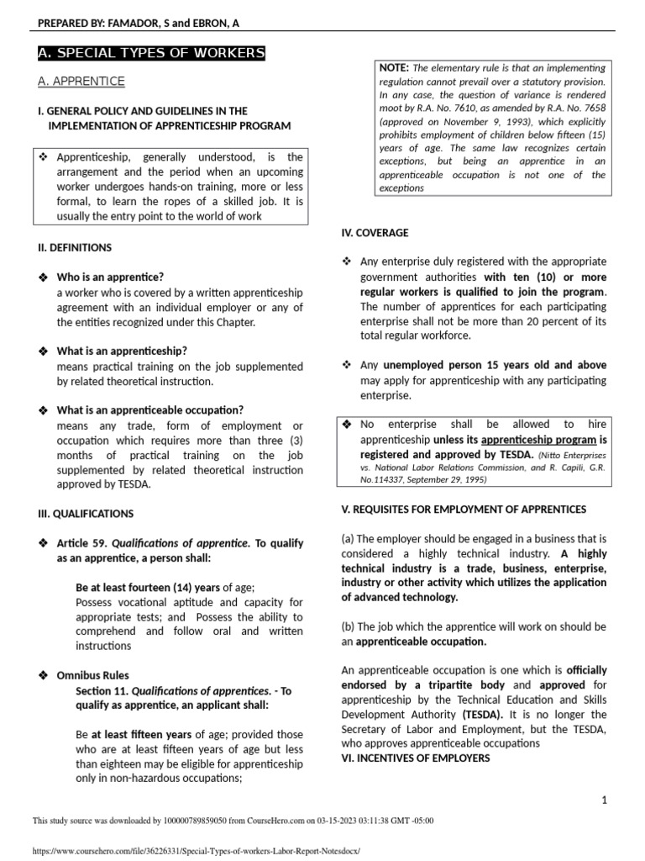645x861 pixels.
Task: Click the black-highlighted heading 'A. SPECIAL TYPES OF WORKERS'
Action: point(151,55)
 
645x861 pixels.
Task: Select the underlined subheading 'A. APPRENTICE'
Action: point(81,82)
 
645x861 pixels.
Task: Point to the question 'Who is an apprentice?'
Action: point(110,277)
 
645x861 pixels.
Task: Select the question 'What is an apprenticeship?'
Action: point(122,351)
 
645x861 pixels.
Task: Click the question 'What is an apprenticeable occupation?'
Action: point(149,410)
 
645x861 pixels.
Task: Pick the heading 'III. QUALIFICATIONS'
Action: point(83,514)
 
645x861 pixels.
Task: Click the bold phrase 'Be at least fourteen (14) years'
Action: point(148,588)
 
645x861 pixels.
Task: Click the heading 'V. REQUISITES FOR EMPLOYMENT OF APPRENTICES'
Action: point(464,510)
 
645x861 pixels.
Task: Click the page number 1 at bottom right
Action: point(604,800)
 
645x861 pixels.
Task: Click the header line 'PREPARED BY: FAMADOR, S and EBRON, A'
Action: point(139,22)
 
